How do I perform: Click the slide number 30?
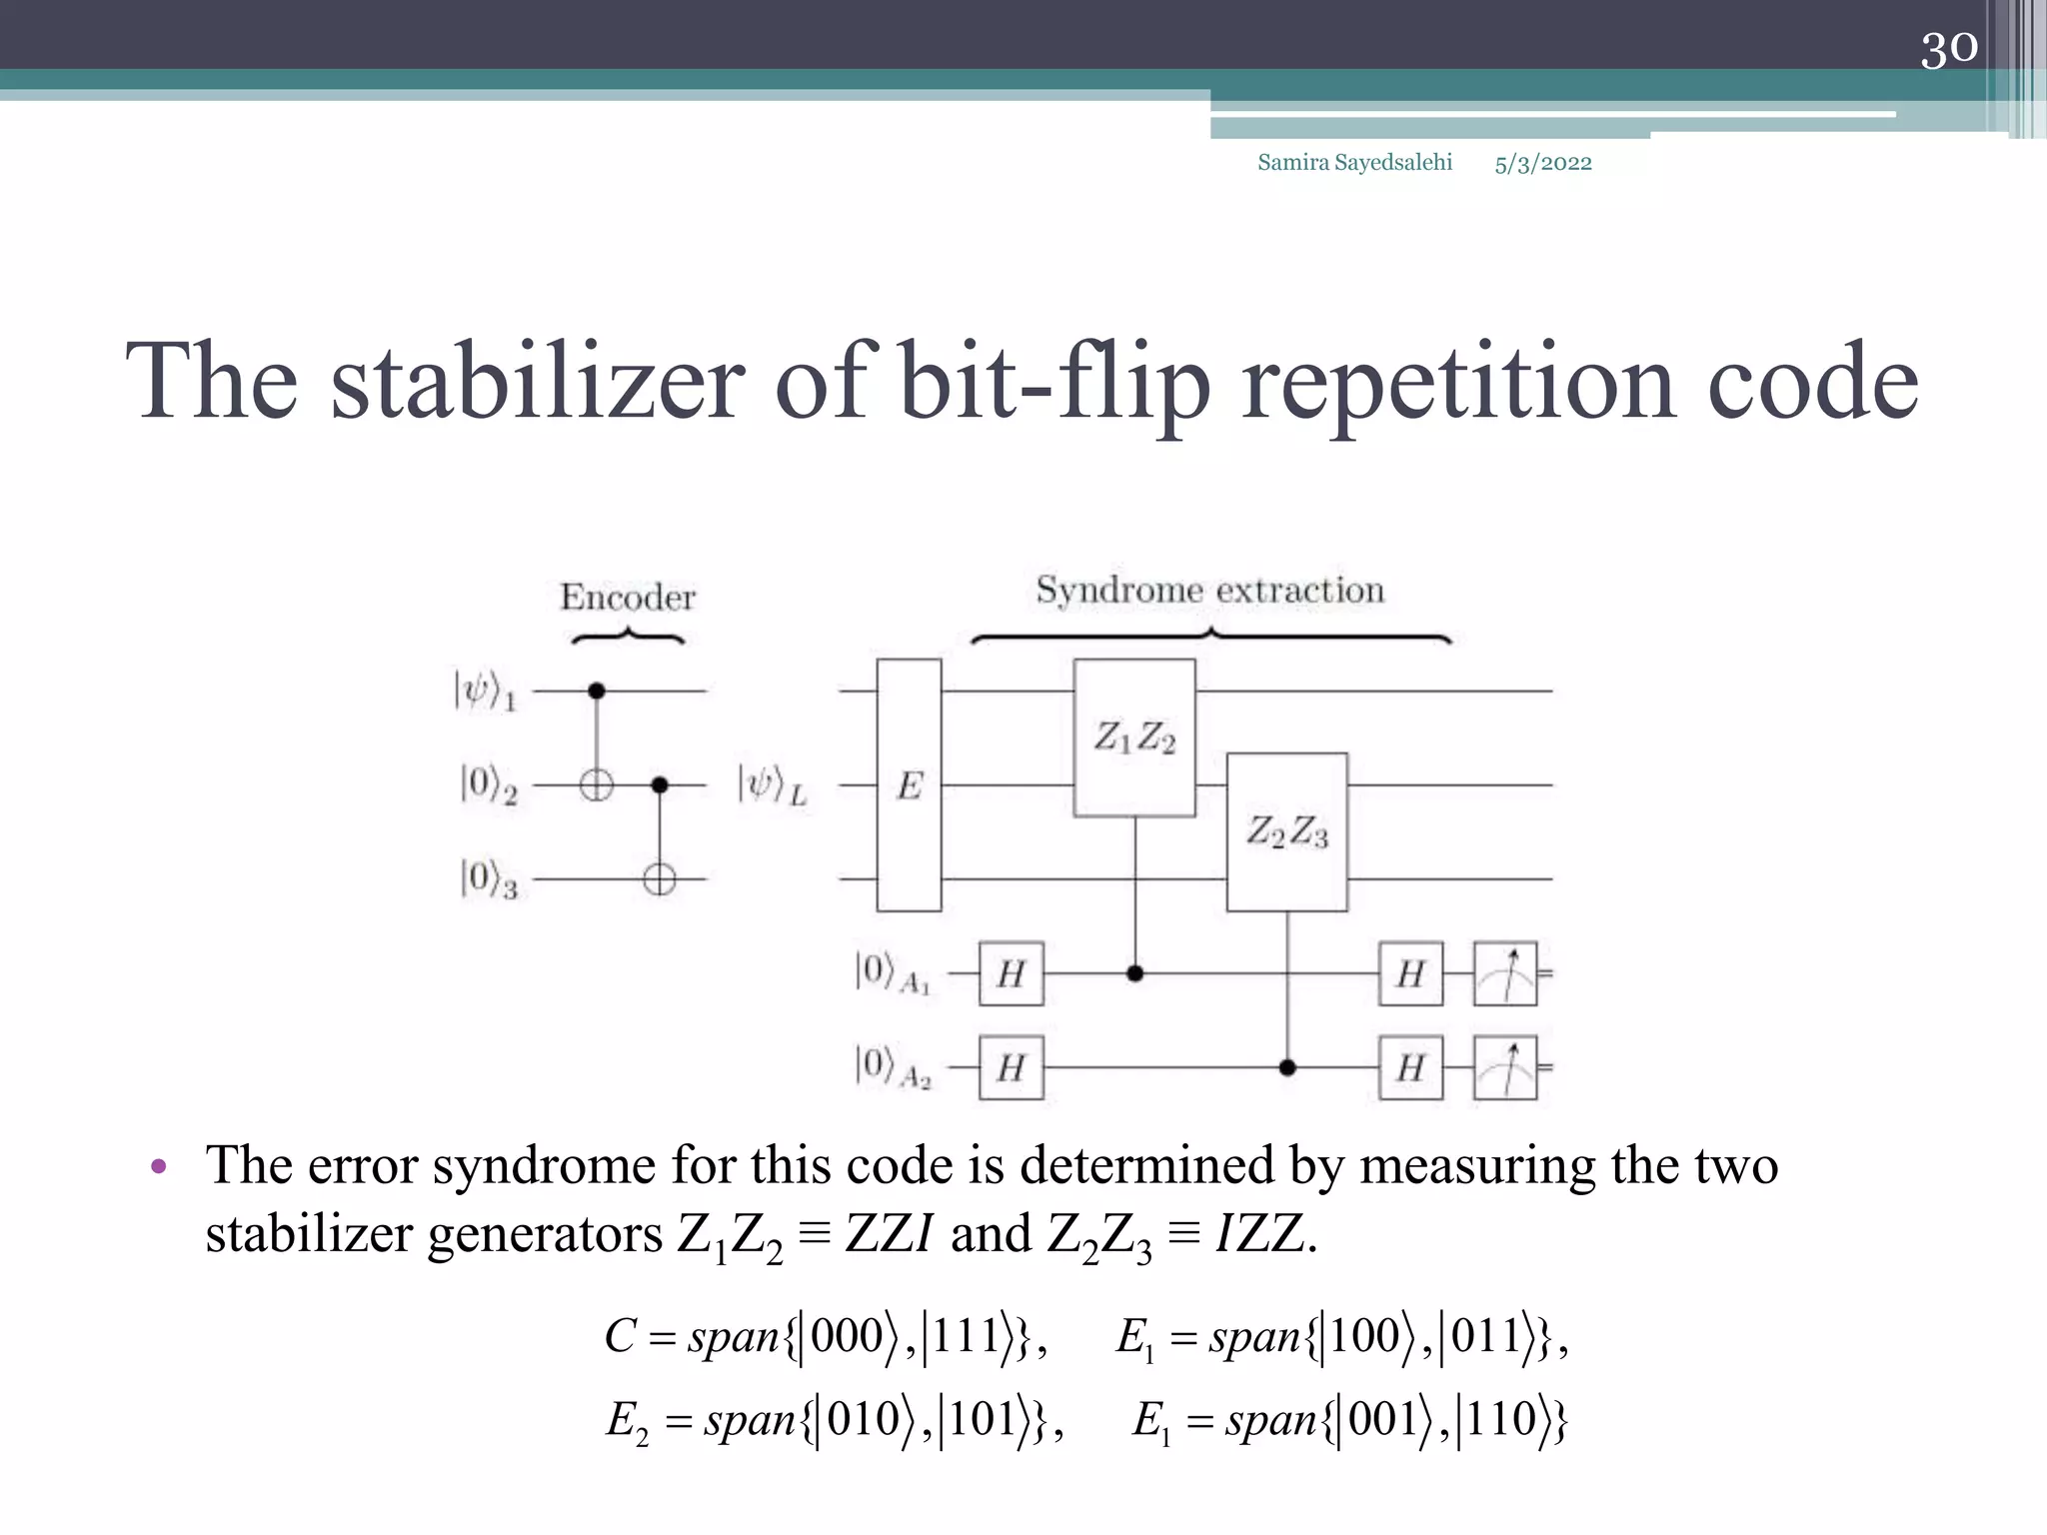pyautogui.click(x=1948, y=48)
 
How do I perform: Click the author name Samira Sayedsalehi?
pyautogui.click(x=1354, y=163)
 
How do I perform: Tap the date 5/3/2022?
pyautogui.click(x=1542, y=164)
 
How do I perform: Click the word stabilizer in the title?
pyautogui.click(x=538, y=382)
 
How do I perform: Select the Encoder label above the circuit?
pyautogui.click(x=628, y=598)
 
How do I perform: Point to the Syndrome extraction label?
pyautogui.click(x=1209, y=591)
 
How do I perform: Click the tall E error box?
pyautogui.click(x=909, y=785)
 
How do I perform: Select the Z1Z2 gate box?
pyautogui.click(x=1133, y=738)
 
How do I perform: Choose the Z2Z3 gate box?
pyautogui.click(x=1286, y=831)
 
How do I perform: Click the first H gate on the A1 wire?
pyautogui.click(x=1011, y=973)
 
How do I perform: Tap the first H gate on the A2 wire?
pyautogui.click(x=1011, y=1068)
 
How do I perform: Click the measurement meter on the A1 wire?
pyautogui.click(x=1505, y=973)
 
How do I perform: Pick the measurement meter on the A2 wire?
pyautogui.click(x=1505, y=1068)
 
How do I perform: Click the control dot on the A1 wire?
pyautogui.click(x=1134, y=973)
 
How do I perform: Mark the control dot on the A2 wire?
pyautogui.click(x=1287, y=1068)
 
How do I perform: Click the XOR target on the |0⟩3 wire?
pyautogui.click(x=659, y=879)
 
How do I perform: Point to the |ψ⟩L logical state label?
pyautogui.click(x=772, y=785)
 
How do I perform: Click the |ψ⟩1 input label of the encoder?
pyautogui.click(x=486, y=691)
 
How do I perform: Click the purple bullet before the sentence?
pyautogui.click(x=158, y=1167)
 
